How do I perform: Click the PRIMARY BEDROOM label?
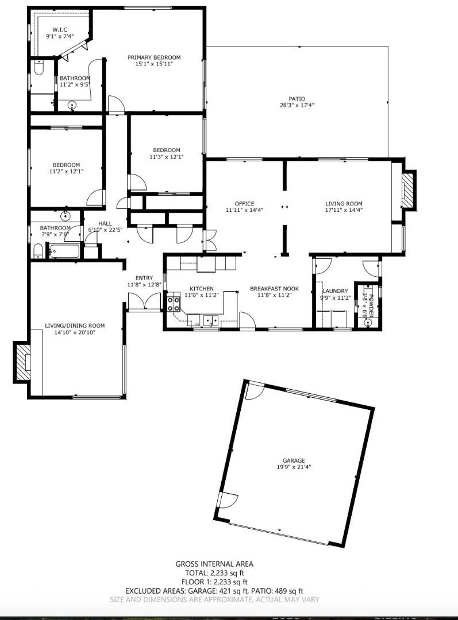(154, 57)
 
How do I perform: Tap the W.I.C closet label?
(61, 29)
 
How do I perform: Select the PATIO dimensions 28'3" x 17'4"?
(297, 105)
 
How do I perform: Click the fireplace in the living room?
(407, 191)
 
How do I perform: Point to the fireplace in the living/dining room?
(22, 362)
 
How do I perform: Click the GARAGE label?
(293, 460)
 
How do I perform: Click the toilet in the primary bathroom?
(38, 68)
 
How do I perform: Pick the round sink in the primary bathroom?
(72, 105)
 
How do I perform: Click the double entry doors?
(144, 302)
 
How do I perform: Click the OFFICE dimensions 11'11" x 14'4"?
(244, 210)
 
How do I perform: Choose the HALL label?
(105, 223)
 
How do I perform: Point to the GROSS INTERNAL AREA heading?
(214, 564)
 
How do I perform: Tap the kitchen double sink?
(209, 320)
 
